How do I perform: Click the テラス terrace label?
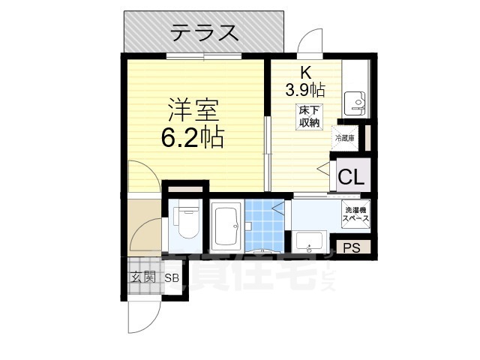point(204,33)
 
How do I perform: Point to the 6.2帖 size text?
point(193,138)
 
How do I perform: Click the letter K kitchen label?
point(306,73)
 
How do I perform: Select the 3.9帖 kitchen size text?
point(304,90)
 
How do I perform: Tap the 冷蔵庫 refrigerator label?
point(345,139)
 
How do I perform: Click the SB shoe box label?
point(172,277)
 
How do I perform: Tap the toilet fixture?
point(185,219)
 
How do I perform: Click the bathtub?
point(224,226)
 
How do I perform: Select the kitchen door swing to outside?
point(309,43)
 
